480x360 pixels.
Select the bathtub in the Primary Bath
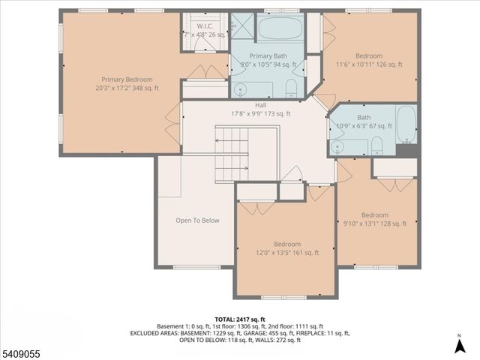[x=279, y=30]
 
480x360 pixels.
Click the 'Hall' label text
[x=260, y=106]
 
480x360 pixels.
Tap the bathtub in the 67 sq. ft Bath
[x=406, y=124]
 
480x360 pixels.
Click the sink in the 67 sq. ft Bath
[x=338, y=145]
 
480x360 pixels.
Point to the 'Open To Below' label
[x=197, y=220]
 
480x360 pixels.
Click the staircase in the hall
[x=232, y=154]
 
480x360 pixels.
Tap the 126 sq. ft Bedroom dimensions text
[x=368, y=65]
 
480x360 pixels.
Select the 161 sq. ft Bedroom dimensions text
[x=285, y=253]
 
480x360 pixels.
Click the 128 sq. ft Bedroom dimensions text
[x=374, y=223]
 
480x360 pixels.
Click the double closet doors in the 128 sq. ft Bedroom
[x=394, y=183]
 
